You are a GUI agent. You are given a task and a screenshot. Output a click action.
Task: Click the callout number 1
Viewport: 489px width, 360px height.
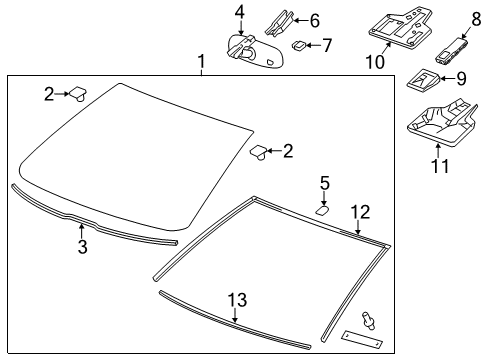[x=201, y=62]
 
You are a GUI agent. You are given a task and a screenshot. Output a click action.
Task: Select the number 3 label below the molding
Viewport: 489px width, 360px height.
[x=83, y=247]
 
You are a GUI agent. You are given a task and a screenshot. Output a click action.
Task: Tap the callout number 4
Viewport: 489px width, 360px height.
[x=240, y=11]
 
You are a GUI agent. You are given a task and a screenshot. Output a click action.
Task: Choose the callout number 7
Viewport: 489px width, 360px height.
[x=325, y=45]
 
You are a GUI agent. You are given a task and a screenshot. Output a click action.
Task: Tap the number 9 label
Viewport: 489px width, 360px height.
[x=461, y=77]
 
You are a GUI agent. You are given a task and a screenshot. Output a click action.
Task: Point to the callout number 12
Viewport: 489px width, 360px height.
[x=360, y=211]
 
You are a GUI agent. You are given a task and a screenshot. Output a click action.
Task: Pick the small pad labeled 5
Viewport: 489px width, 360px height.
[x=323, y=209]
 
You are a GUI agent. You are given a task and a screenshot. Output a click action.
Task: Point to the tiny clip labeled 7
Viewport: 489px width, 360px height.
[x=298, y=45]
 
